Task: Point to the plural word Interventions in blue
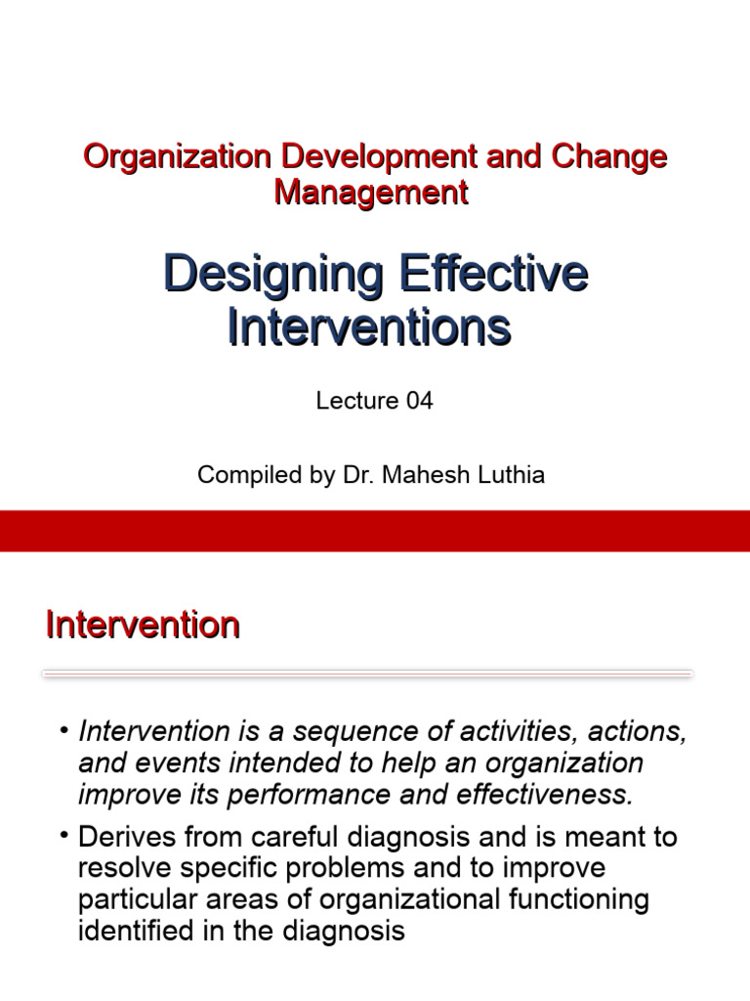pos(369,327)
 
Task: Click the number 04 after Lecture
pos(415,401)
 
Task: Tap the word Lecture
pos(357,401)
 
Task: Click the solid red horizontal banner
pos(375,531)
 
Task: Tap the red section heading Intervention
pos(143,625)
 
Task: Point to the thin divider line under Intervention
pos(367,674)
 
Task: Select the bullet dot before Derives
pos(64,838)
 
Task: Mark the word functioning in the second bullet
pos(561,899)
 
